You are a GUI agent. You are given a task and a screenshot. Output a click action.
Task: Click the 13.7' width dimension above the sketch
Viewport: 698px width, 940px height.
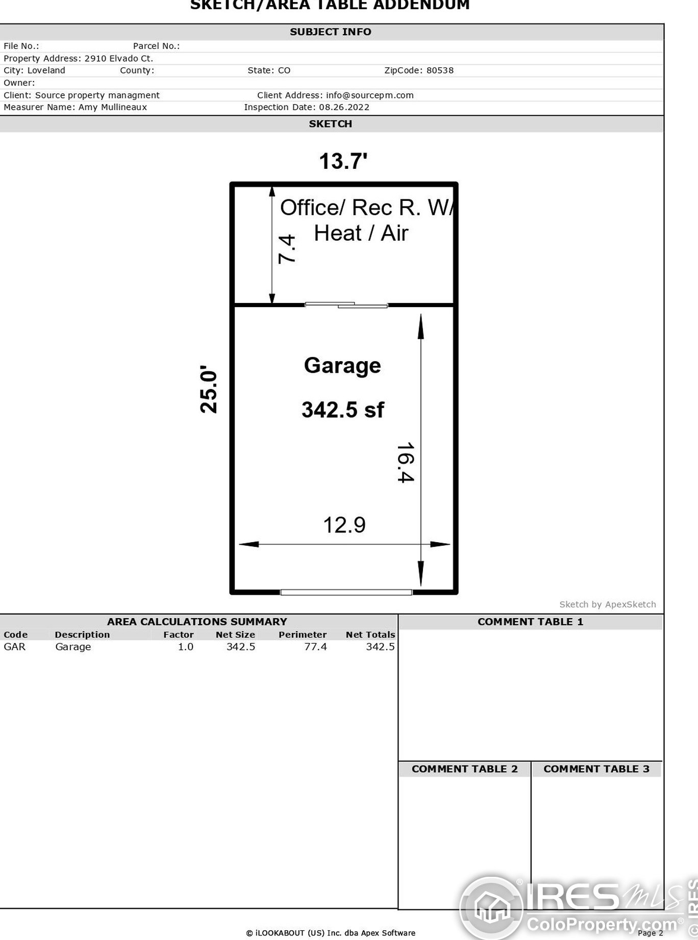[x=343, y=161]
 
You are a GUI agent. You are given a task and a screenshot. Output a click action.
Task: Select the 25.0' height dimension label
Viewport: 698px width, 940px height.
[x=209, y=389]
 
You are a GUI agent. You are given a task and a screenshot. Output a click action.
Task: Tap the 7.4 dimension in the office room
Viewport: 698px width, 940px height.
[x=287, y=248]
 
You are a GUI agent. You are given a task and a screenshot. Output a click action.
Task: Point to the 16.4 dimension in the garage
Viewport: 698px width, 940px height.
[x=406, y=462]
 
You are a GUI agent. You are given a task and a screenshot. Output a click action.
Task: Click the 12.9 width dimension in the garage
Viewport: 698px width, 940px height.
[x=344, y=525]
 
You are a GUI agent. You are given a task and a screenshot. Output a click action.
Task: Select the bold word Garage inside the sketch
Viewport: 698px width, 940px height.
[x=342, y=366]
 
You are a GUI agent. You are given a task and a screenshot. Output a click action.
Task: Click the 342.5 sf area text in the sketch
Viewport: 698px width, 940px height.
[x=342, y=410]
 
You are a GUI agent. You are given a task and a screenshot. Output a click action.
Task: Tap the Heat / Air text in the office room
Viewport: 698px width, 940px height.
[x=361, y=233]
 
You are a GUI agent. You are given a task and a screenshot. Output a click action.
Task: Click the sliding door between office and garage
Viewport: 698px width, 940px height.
[x=346, y=305]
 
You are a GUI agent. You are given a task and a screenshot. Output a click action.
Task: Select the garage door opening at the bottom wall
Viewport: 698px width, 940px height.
[x=346, y=592]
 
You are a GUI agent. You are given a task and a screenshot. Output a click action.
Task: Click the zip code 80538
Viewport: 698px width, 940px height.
[x=440, y=70]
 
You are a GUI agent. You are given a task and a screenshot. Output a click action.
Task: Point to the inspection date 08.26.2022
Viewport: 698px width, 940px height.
[x=344, y=107]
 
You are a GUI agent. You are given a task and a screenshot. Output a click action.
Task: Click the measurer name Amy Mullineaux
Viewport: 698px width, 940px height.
[x=113, y=107]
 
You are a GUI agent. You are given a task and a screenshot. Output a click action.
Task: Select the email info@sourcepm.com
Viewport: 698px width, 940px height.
[x=369, y=95]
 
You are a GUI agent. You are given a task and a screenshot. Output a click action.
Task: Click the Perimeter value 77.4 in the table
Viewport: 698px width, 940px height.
[x=315, y=647]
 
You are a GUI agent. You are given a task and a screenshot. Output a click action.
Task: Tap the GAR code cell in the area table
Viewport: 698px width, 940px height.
[x=14, y=647]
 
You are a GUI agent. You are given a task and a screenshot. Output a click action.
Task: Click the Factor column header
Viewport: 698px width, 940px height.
[x=178, y=634]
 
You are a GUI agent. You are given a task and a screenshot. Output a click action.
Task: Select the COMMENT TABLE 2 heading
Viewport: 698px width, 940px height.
[x=464, y=769]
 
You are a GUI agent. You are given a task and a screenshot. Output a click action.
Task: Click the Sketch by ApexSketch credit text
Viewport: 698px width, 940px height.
[x=607, y=604]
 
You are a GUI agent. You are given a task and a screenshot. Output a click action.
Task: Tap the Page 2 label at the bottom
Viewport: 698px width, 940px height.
[x=650, y=933]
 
